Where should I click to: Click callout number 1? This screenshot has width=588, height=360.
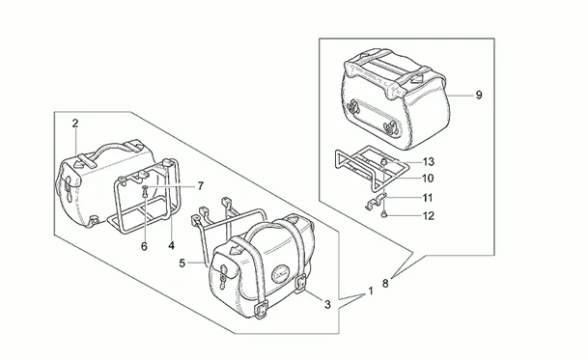coord(371,291)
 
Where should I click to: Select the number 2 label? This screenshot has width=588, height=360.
coord(75,124)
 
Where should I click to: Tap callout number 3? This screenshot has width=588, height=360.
coord(327,305)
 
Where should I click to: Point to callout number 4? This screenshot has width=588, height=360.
coord(171,245)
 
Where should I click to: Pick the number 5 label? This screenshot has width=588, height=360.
coord(182,263)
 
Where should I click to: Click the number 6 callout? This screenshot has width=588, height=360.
coord(144,246)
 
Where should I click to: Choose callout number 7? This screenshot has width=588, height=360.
coord(201,185)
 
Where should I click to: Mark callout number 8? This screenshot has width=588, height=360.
coord(385,284)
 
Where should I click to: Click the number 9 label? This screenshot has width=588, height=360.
coord(479,96)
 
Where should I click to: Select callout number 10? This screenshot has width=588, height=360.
coord(428,179)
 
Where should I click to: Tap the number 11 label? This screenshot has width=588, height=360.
coord(428,198)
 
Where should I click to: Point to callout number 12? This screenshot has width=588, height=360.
coord(428,216)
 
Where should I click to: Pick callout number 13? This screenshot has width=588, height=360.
coord(429,161)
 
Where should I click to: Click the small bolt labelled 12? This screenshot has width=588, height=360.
coord(384,213)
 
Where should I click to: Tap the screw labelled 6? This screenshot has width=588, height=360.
coord(145,194)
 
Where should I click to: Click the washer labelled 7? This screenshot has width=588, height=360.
coord(145,186)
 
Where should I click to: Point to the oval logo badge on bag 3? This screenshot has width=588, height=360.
coord(282,270)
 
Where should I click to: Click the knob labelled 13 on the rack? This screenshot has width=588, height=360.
coord(384,161)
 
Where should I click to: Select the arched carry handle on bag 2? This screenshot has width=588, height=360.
coord(109,147)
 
